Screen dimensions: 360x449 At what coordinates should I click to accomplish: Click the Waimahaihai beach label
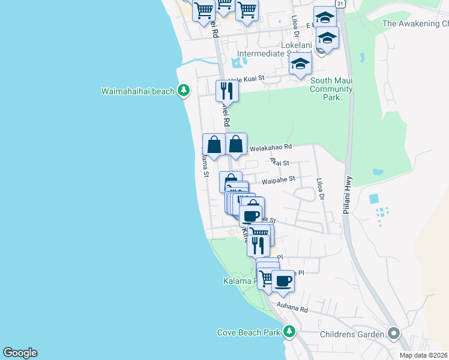pyautogui.click(x=137, y=92)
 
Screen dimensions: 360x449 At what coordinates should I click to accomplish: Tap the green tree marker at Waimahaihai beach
pyautogui.click(x=184, y=91)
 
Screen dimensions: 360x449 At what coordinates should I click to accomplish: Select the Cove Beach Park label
pyautogui.click(x=249, y=332)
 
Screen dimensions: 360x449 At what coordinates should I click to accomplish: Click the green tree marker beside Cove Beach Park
pyautogui.click(x=290, y=331)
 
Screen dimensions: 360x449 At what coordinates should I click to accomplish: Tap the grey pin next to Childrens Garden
pyautogui.click(x=394, y=332)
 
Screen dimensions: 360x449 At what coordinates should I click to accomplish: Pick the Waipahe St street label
pyautogui.click(x=278, y=179)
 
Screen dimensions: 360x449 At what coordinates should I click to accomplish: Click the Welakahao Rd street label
pyautogui.click(x=271, y=146)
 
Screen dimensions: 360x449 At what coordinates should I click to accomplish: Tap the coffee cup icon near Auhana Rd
pyautogui.click(x=283, y=280)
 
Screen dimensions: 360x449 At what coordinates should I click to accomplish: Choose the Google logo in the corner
pyautogui.click(x=20, y=353)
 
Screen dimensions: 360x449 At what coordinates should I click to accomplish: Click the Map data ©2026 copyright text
pyautogui.click(x=423, y=355)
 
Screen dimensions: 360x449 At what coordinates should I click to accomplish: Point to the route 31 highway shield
pyautogui.click(x=340, y=4)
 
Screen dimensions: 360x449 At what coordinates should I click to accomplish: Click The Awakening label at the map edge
pyautogui.click(x=415, y=24)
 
